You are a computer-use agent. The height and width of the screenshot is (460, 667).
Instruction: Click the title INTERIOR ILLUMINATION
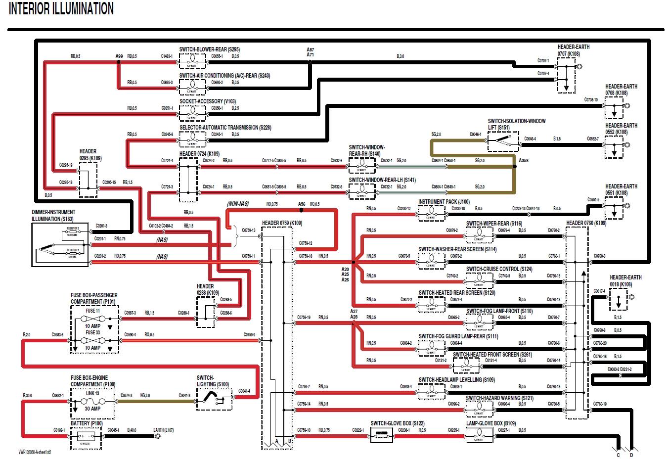pos(61,9)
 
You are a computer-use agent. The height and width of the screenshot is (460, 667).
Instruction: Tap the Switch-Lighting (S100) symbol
pos(214,398)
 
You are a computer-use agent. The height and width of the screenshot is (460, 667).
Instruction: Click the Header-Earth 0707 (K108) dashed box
pos(566,75)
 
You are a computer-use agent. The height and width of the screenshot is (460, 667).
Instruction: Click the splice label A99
pos(119,56)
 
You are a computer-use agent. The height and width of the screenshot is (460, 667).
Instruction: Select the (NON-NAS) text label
pos(238,204)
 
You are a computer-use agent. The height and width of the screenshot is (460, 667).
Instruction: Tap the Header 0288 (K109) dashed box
pos(206,313)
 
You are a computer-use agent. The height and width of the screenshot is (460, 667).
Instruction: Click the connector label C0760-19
pos(599,404)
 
